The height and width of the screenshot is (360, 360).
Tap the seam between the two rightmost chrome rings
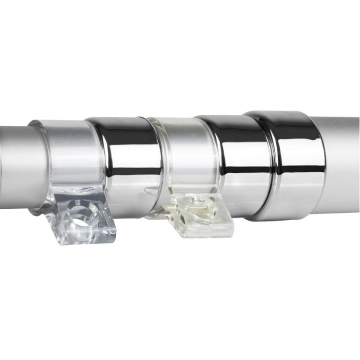[267, 170]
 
